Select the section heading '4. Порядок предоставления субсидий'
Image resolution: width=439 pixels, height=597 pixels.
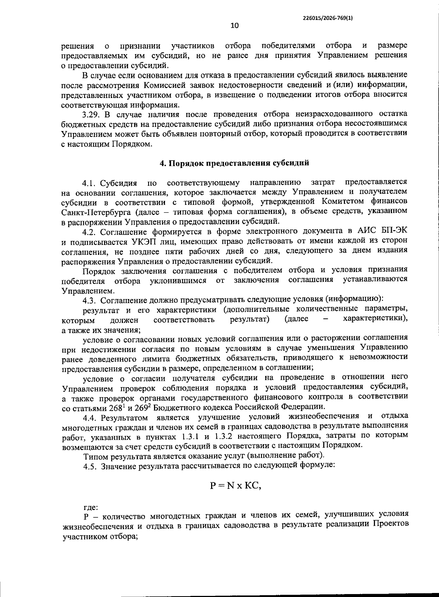click(234, 163)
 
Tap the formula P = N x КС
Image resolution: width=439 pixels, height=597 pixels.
click(235, 485)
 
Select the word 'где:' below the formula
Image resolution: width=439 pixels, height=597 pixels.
click(90, 507)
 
